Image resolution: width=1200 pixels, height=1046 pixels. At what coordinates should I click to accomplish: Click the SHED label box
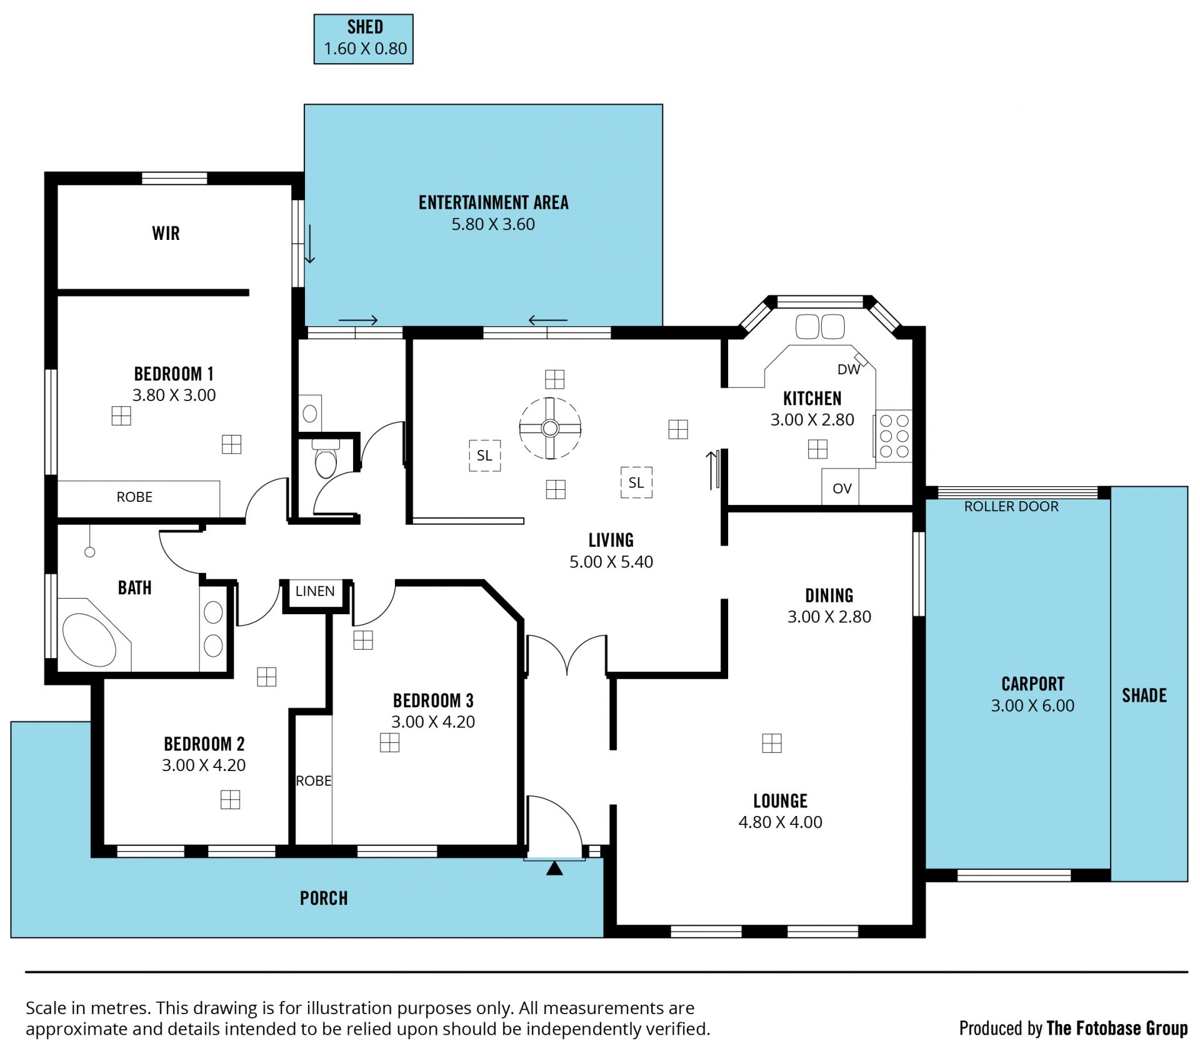[x=363, y=39]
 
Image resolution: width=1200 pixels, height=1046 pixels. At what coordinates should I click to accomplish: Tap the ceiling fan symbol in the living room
[x=550, y=428]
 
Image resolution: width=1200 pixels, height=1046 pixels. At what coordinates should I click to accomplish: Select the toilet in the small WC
[x=326, y=459]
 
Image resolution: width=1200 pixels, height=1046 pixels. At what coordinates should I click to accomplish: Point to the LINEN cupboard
[x=315, y=591]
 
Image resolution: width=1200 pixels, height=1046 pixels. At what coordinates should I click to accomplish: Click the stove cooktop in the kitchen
[x=894, y=436]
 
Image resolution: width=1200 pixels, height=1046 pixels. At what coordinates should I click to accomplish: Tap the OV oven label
[x=842, y=489]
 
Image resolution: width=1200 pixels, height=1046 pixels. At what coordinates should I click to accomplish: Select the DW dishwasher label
[x=848, y=369]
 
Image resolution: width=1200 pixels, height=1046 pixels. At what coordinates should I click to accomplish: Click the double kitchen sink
[x=820, y=326]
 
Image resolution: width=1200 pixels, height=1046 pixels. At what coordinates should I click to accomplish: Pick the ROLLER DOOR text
[x=1011, y=507]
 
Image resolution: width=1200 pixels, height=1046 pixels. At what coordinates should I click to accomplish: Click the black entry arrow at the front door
[x=554, y=869]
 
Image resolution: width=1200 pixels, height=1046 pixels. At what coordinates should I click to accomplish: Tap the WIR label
[x=166, y=234]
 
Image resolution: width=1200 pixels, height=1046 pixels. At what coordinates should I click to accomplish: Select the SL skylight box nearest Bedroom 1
[x=484, y=456]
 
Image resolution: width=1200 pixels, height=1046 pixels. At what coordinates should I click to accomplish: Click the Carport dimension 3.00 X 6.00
[x=1032, y=705]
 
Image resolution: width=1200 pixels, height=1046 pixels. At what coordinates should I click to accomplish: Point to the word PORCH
[x=324, y=899]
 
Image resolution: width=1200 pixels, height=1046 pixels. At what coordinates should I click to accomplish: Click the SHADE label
[x=1144, y=695]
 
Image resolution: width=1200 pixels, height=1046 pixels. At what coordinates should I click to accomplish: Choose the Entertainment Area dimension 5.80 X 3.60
[x=493, y=224]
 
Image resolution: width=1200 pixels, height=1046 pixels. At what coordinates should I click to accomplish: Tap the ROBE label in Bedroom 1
[x=134, y=497]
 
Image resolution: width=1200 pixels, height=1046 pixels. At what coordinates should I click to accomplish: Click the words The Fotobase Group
[x=1117, y=1028]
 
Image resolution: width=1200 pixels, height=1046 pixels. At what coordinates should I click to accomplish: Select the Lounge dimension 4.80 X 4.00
[x=780, y=822]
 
